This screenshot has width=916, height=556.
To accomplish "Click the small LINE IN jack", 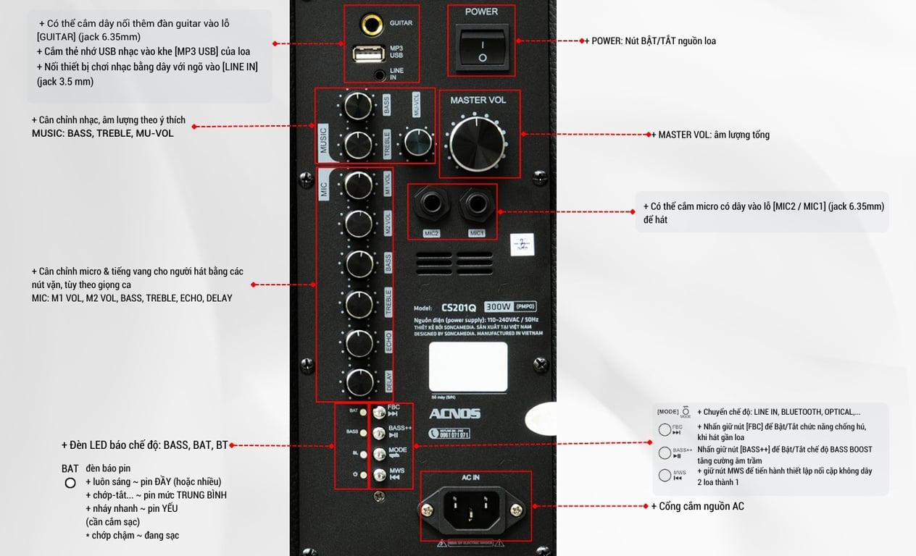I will (380, 73).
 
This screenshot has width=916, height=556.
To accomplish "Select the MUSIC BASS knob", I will (357, 106).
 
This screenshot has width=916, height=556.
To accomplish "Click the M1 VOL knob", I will (359, 185).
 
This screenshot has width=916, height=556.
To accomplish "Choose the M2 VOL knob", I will (359, 224).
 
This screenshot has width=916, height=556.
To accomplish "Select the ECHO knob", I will (359, 342).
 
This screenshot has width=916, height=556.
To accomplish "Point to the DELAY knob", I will (359, 382).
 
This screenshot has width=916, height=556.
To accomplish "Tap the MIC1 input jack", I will (476, 206).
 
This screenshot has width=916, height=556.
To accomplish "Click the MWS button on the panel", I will (379, 475).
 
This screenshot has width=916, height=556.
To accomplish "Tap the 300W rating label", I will (499, 306).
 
